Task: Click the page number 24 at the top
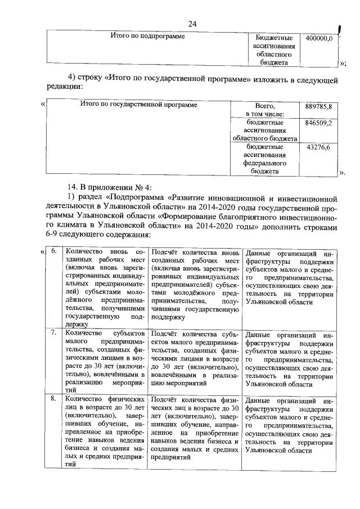click(x=192, y=23)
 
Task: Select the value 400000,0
click(x=319, y=38)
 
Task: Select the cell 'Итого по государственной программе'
click(x=138, y=105)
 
